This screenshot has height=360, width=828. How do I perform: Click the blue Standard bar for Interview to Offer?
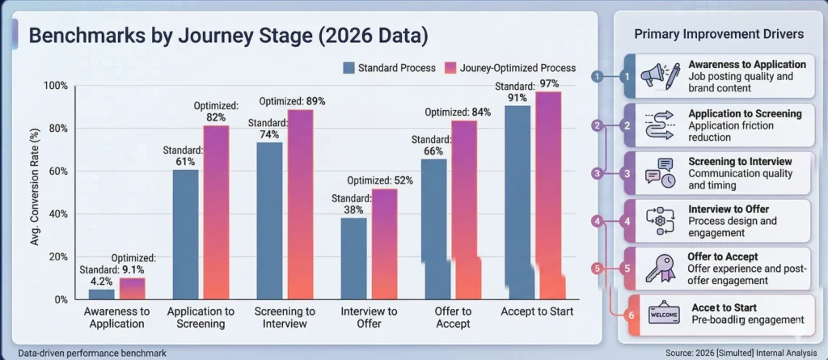tap(353, 258)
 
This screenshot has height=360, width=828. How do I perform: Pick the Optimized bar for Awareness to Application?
tap(133, 288)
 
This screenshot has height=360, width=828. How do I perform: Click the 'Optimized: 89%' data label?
tap(292, 101)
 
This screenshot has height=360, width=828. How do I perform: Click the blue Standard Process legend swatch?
tap(350, 67)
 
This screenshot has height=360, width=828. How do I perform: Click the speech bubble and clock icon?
tap(660, 172)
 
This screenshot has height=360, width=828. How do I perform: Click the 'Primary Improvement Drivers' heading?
tap(718, 34)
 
